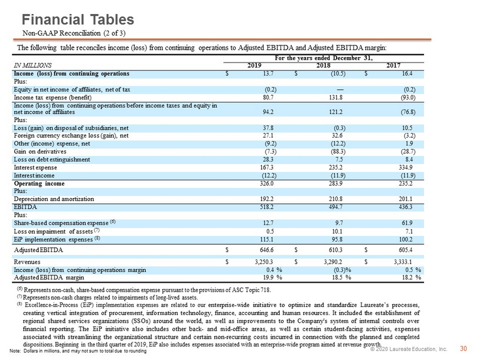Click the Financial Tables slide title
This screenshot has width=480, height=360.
78,20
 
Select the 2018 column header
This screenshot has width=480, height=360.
323,65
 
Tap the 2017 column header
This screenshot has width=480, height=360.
393,65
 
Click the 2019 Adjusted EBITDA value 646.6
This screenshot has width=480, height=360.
267,250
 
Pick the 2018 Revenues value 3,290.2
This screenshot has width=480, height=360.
333,262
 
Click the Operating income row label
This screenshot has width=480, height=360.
39,183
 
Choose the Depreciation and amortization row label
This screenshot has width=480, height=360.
54,199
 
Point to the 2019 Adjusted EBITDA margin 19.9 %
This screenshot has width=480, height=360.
273,278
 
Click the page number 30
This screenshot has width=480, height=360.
464,349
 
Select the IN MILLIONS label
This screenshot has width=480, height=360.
32,65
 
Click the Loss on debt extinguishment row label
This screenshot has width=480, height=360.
52,160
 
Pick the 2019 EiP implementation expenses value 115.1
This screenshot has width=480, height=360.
268,239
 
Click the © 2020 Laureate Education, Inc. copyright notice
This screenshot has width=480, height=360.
409,349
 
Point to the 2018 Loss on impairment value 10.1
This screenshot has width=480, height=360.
337,231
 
